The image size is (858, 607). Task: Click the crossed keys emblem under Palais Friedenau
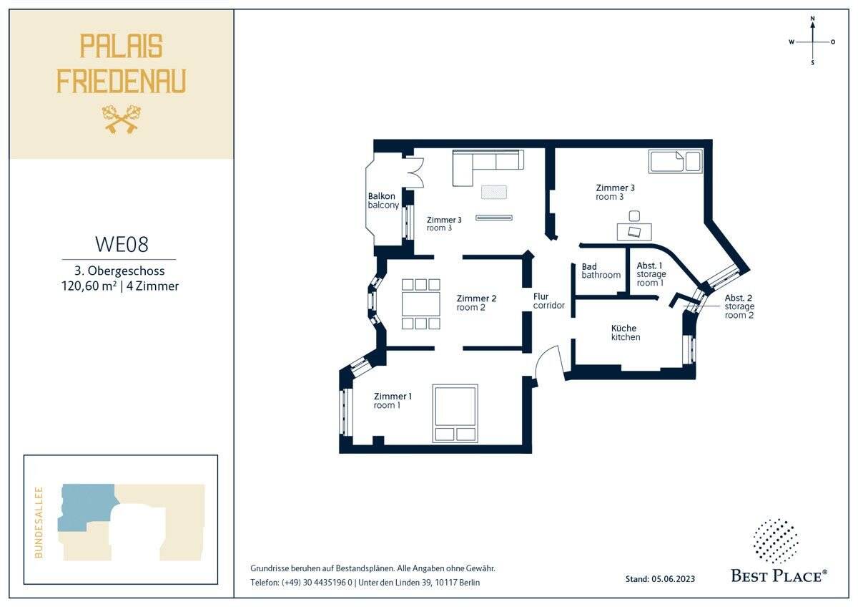coord(122,120)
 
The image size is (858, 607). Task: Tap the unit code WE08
coord(122,244)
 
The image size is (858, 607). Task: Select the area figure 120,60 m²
coord(89,286)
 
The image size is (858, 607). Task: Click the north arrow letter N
coord(812,19)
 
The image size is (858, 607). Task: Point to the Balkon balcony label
coord(383,200)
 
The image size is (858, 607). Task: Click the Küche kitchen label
coord(625,332)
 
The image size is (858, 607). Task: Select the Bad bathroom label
coord(601,271)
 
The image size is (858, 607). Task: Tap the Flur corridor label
coord(548,301)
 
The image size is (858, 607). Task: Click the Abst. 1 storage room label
coord(651,274)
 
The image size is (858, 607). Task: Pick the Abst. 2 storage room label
coord(739,306)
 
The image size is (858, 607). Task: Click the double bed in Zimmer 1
coord(455,413)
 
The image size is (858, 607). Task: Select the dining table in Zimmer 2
coord(420,303)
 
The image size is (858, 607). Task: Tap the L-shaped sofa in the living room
coord(488,167)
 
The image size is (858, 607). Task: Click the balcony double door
coord(415,173)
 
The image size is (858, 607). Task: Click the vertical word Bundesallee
coord(39,523)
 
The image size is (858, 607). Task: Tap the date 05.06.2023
coord(673,578)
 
